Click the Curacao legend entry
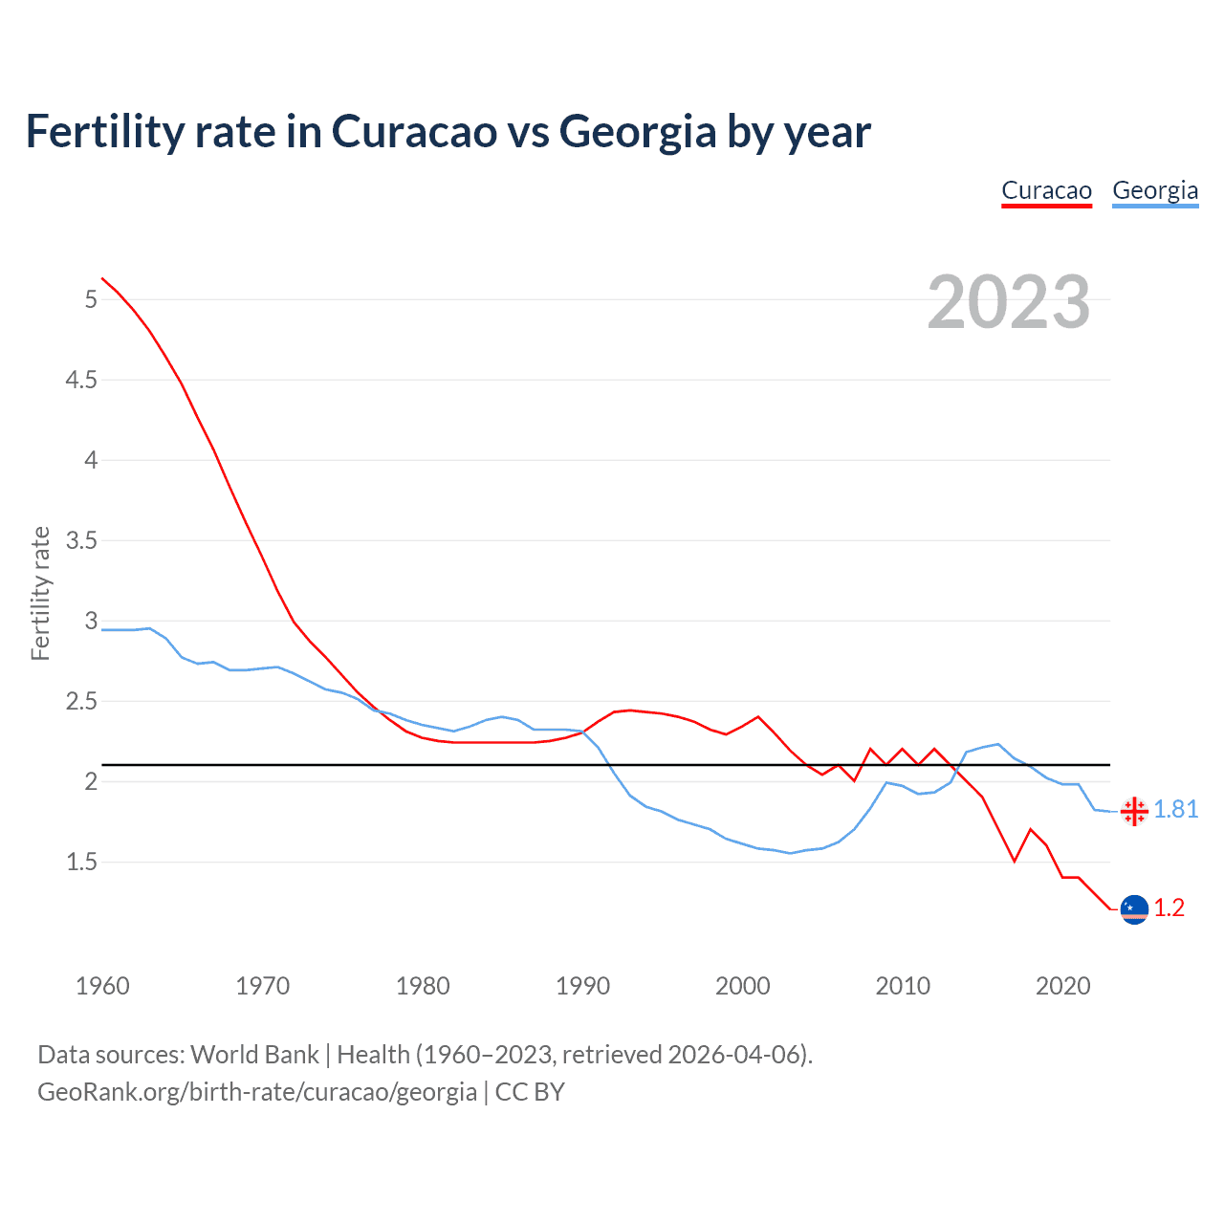(1046, 190)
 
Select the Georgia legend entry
(1154, 190)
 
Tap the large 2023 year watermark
(1009, 302)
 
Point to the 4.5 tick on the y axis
(81, 380)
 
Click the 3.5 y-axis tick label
(81, 540)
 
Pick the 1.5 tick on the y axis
(81, 862)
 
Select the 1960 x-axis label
(102, 986)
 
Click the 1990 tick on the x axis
(582, 986)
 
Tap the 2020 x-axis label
(1062, 986)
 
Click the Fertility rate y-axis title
(40, 593)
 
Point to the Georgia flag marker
(1134, 811)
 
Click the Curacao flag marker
(1134, 908)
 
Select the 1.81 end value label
(1175, 809)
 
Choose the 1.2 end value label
(1169, 907)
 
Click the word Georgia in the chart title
(637, 132)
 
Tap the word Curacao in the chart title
(414, 132)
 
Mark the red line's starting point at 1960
(102, 278)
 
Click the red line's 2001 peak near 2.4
(758, 716)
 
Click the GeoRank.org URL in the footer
(256, 1091)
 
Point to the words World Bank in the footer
(254, 1054)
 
